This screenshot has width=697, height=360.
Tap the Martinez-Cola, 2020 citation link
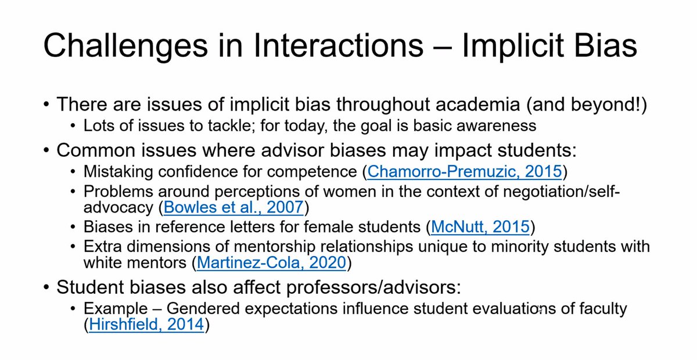pos(272,263)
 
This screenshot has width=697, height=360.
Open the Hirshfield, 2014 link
pos(146,326)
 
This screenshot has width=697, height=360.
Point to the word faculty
pos(602,308)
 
